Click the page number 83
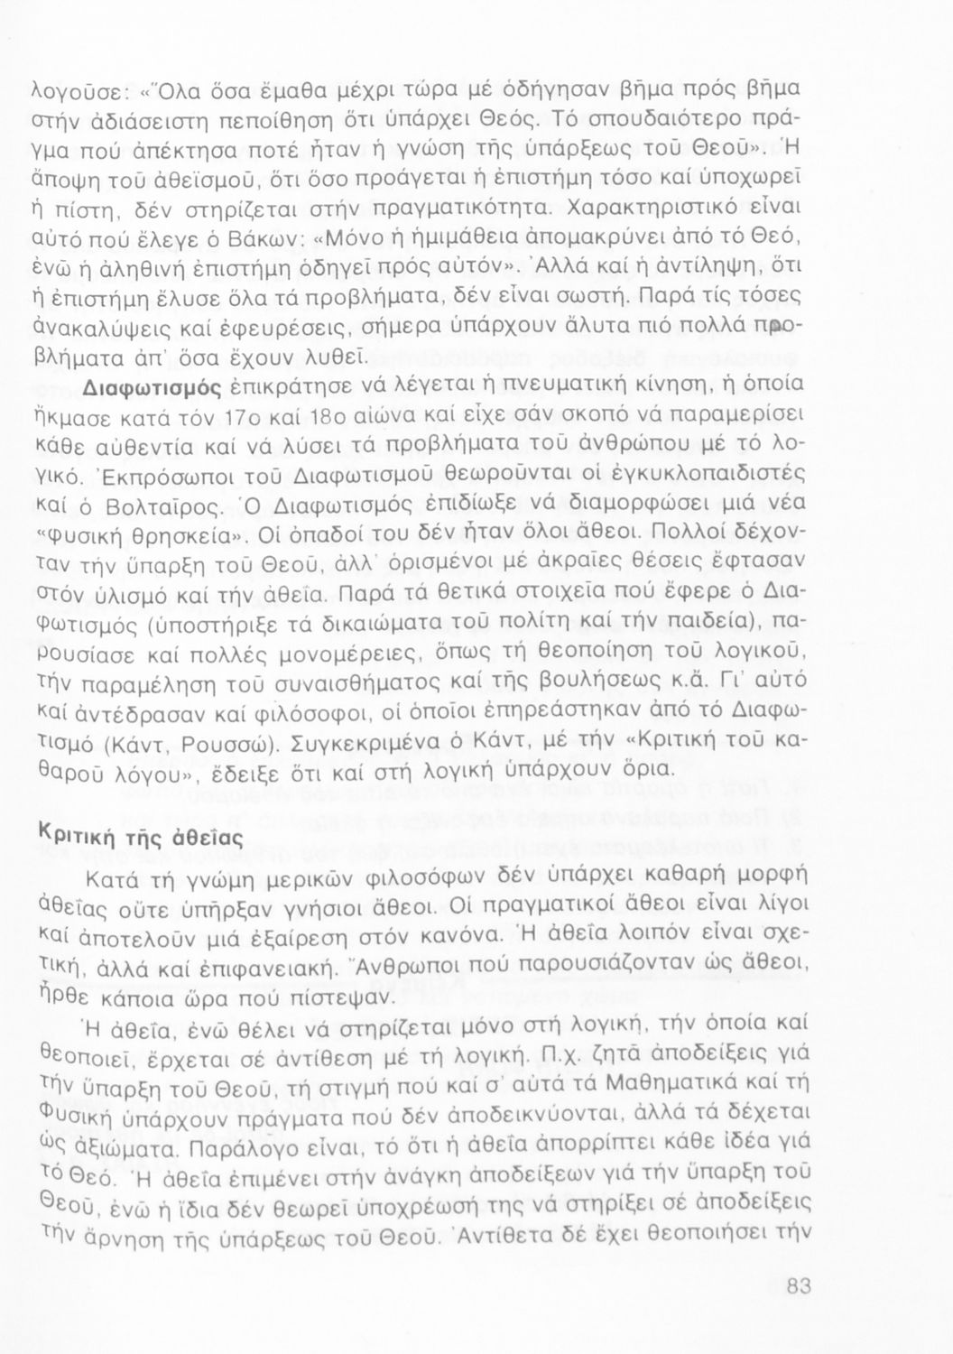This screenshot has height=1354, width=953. [798, 1286]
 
